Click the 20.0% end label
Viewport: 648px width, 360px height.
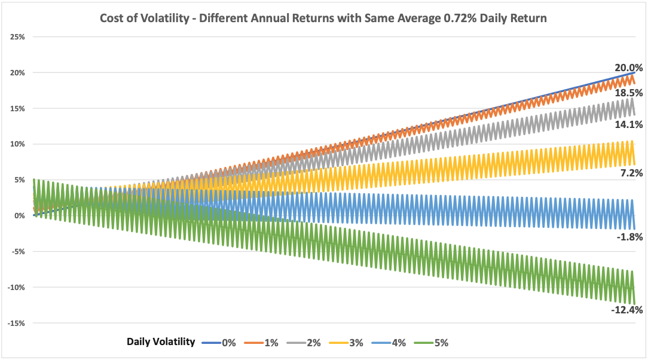pos(628,68)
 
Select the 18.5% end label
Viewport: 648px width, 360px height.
pos(628,93)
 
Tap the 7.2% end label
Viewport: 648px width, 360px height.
pos(631,173)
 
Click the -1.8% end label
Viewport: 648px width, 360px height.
pos(629,237)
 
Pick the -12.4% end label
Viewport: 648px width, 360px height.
pos(626,310)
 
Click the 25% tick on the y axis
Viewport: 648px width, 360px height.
pos(17,37)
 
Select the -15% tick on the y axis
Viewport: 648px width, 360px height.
pos(16,324)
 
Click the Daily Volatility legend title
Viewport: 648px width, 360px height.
pos(161,342)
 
